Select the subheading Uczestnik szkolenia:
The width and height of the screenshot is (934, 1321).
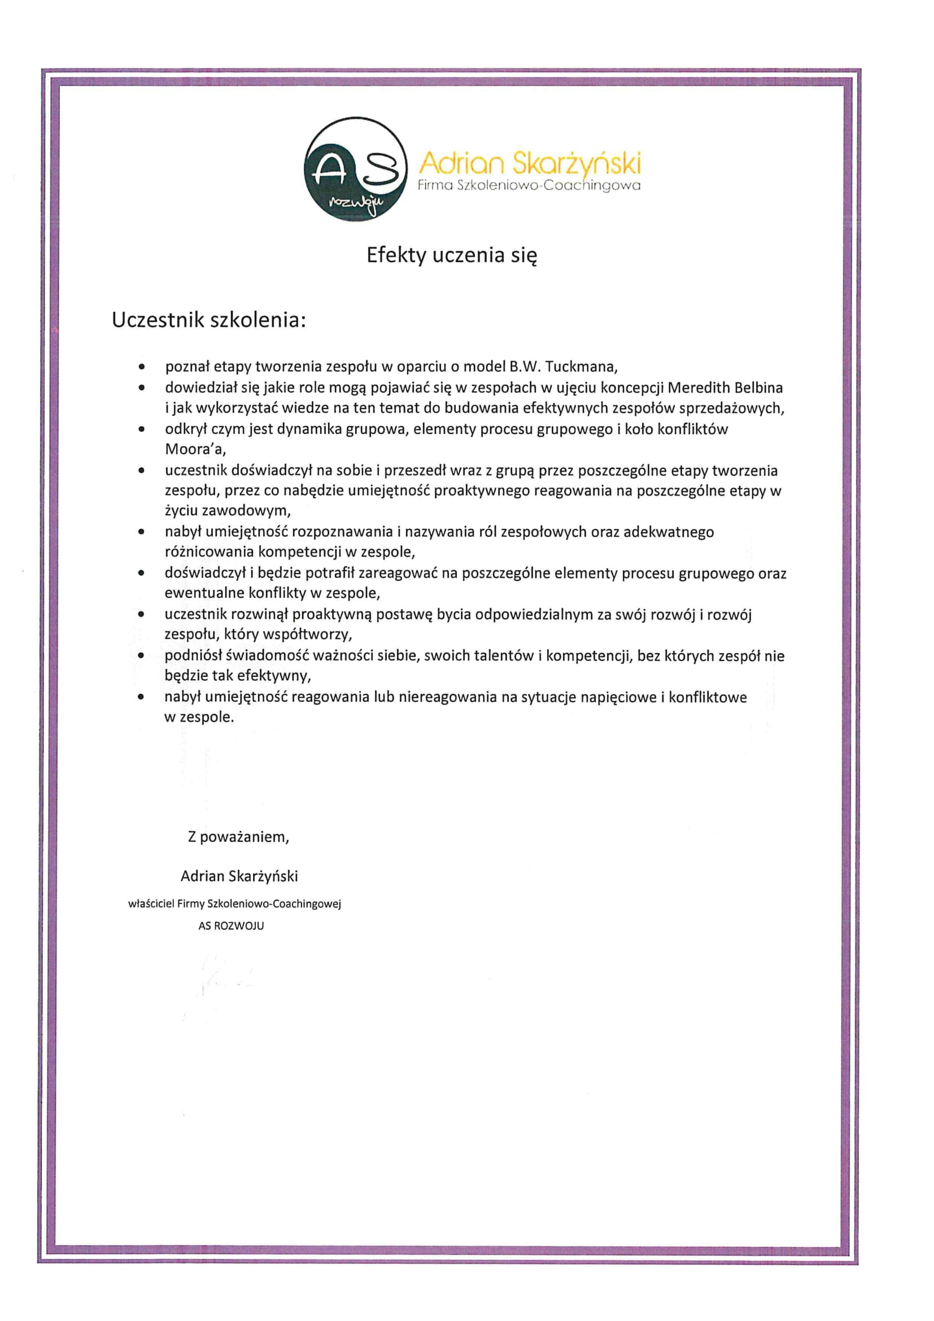tap(208, 320)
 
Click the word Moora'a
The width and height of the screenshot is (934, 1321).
tap(195, 449)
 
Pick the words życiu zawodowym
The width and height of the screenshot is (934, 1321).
tap(228, 511)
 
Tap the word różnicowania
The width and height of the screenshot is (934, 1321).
tap(210, 552)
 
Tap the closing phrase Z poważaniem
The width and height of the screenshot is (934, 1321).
tap(238, 837)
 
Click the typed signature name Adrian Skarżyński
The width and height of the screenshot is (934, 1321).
tap(239, 876)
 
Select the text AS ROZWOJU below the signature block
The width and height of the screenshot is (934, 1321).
tap(231, 926)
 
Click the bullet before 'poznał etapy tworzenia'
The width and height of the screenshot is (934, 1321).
tap(142, 367)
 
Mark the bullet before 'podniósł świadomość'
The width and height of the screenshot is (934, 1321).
tap(142, 656)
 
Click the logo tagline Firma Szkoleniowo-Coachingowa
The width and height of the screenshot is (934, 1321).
tap(529, 186)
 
